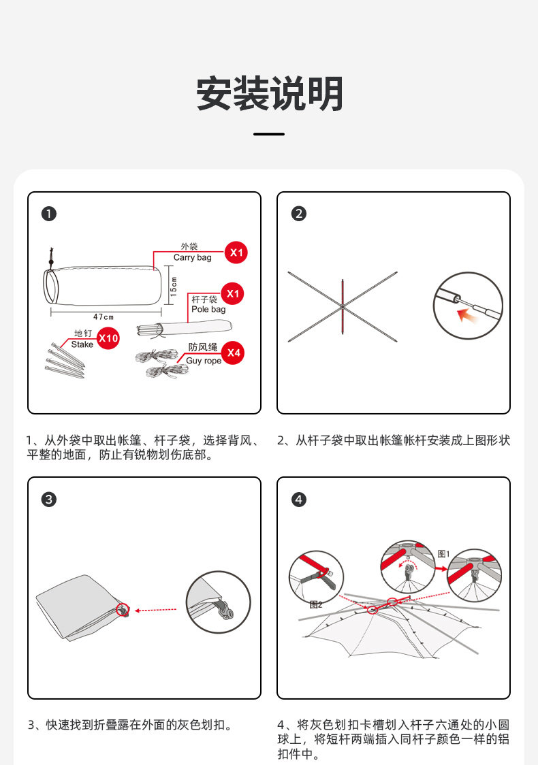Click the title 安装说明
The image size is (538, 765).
pyautogui.click(x=269, y=94)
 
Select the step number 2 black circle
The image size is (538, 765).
pyautogui.click(x=298, y=214)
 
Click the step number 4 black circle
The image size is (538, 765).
pyautogui.click(x=298, y=499)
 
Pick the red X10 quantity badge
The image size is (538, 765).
pyautogui.click(x=108, y=338)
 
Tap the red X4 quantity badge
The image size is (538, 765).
pyautogui.click(x=234, y=353)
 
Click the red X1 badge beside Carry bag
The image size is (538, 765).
pyautogui.click(x=236, y=253)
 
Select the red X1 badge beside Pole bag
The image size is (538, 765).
pyautogui.click(x=233, y=294)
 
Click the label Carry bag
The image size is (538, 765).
pyautogui.click(x=192, y=257)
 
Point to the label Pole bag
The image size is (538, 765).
pyautogui.click(x=208, y=309)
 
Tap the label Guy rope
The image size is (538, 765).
pyautogui.click(x=204, y=361)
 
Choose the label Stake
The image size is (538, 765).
pyautogui.click(x=82, y=344)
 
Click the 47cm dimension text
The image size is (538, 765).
pyautogui.click(x=104, y=317)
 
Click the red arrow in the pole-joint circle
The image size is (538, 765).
pyautogui.click(x=466, y=314)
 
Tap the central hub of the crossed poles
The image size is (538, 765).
pyautogui.click(x=342, y=308)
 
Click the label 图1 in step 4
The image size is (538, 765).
pyautogui.click(x=443, y=553)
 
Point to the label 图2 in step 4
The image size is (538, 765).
pyautogui.click(x=315, y=604)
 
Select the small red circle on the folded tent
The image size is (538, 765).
pyautogui.click(x=123, y=610)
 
